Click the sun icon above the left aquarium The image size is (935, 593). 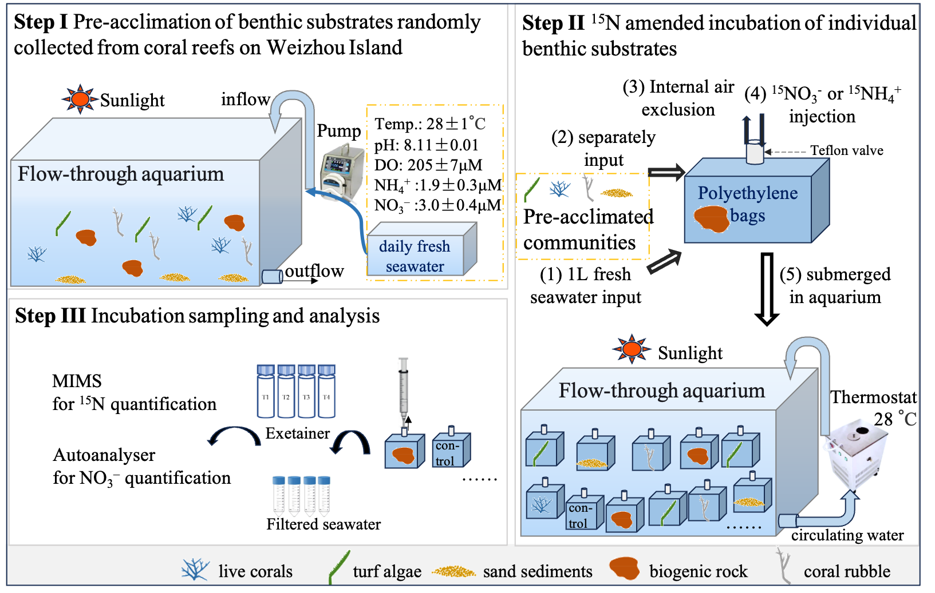pyautogui.click(x=80, y=100)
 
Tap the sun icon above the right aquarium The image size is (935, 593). pyautogui.click(x=632, y=348)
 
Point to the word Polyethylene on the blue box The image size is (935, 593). pyautogui.click(x=747, y=193)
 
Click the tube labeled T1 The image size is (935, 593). pyautogui.click(x=266, y=392)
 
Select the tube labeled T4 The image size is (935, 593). pyautogui.click(x=326, y=392)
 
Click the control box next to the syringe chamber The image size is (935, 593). pyautogui.click(x=451, y=450)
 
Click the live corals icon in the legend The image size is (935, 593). pyautogui.click(x=195, y=570)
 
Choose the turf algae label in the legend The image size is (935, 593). pyautogui.click(x=387, y=571)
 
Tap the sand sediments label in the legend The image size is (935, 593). pyautogui.click(x=538, y=571)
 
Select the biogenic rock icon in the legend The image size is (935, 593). pyautogui.click(x=624, y=568)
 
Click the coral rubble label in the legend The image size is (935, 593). pyautogui.click(x=847, y=571)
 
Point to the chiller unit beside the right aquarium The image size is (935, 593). pyautogui.click(x=855, y=452)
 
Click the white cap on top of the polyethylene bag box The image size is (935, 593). pyautogui.click(x=755, y=153)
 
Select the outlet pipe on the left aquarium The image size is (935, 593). pyautogui.click(x=272, y=277)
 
